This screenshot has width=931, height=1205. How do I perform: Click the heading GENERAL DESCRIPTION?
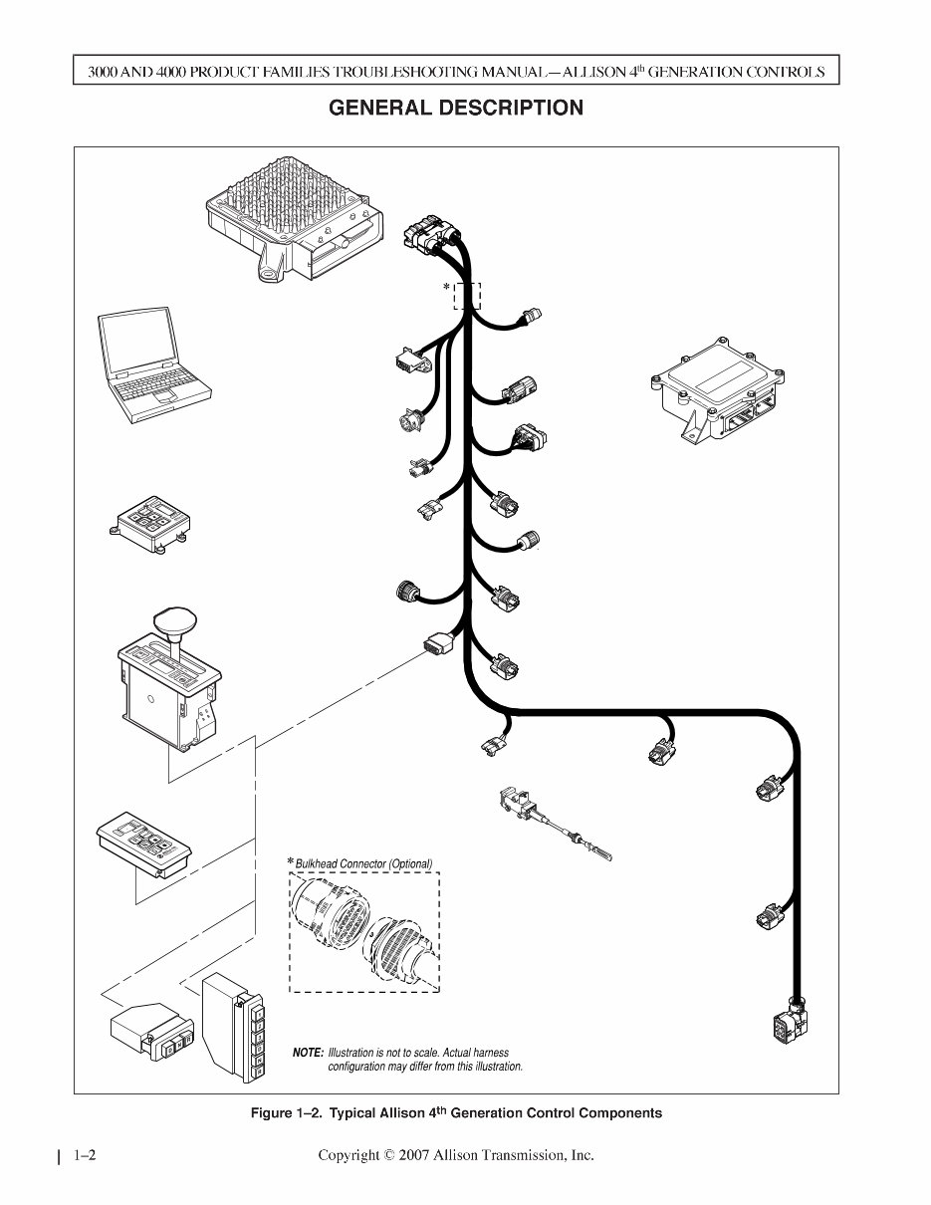click(456, 108)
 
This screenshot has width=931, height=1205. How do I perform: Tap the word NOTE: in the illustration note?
click(308, 1053)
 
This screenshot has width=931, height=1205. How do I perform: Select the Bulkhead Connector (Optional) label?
click(364, 863)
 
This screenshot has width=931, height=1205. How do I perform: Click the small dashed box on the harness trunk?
click(467, 296)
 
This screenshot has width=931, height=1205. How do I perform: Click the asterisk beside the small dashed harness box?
click(447, 288)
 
